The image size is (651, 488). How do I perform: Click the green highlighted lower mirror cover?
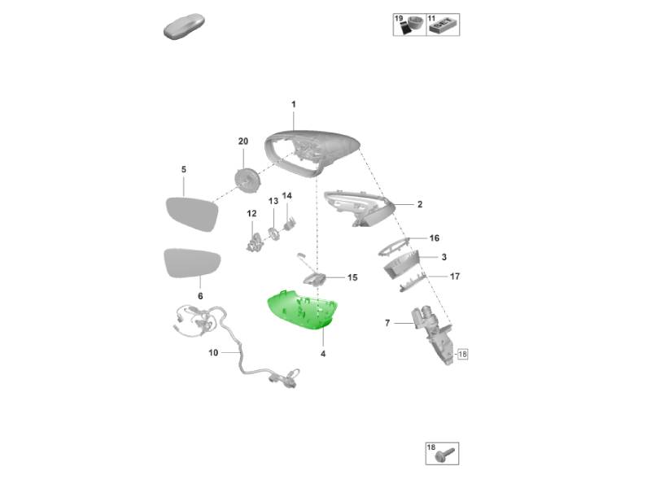301,310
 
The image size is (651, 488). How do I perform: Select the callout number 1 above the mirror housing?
294,104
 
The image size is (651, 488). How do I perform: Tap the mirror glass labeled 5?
192,214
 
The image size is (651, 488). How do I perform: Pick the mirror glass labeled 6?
192,263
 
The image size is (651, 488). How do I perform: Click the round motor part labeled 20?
247,181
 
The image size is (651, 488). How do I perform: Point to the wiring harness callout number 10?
213,353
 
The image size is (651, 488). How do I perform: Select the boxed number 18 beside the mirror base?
462,354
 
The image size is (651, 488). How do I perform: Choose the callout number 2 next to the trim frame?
420,204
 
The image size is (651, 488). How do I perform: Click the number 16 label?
435,237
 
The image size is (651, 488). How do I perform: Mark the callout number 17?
455,276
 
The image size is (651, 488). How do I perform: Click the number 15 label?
352,277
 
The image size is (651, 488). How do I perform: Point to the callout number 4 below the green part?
323,354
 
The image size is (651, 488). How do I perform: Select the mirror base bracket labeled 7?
432,335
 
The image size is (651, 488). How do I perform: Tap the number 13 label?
273,201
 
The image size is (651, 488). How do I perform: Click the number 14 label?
287,195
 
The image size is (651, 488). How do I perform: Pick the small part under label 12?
255,242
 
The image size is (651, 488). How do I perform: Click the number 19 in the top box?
399,18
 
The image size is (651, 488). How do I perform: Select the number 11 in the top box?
432,18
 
